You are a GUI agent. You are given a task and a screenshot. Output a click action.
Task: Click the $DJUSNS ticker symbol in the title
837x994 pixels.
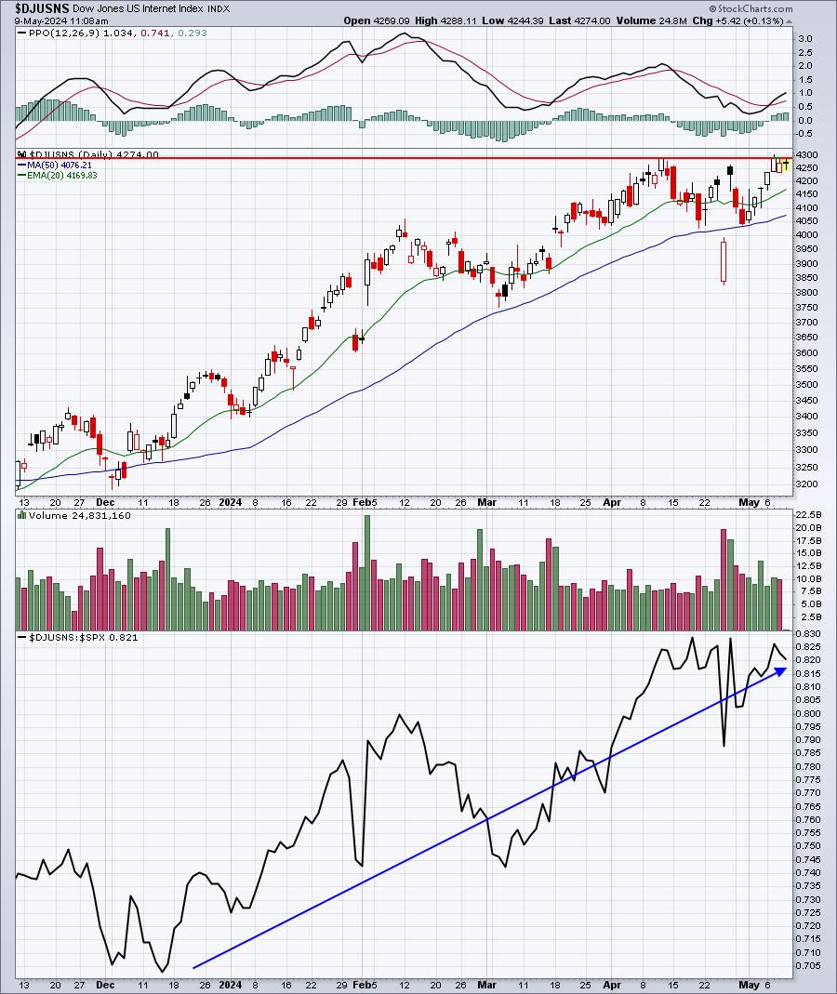coord(42,7)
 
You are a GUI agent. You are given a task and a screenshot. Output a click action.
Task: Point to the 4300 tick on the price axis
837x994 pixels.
coord(805,154)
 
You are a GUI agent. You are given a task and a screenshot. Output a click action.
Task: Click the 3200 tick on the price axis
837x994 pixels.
coord(805,484)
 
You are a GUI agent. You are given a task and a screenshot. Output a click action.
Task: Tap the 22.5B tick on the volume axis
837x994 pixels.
coord(808,514)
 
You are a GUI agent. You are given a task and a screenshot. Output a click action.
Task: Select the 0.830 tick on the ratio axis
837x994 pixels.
coord(808,633)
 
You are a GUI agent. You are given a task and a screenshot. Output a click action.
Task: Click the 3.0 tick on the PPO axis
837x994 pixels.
coord(804,39)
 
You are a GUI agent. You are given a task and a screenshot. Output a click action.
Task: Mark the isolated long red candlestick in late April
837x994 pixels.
coord(724,261)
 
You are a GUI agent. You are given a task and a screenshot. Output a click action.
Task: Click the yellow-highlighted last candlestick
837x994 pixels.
coord(786,165)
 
